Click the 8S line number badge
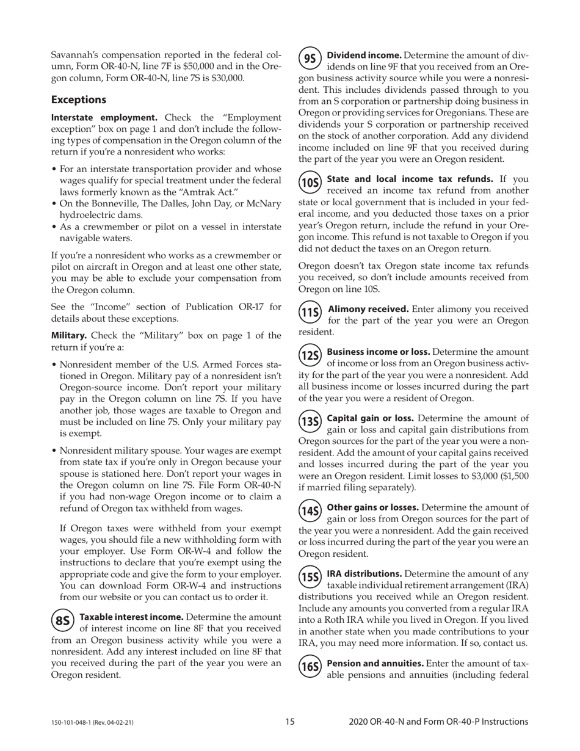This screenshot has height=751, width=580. [x=62, y=621]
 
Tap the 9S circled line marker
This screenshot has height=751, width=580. [x=311, y=59]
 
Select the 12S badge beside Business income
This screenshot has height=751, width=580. [x=311, y=355]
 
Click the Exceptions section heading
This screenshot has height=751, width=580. [x=79, y=99]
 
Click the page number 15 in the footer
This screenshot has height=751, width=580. [x=290, y=722]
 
